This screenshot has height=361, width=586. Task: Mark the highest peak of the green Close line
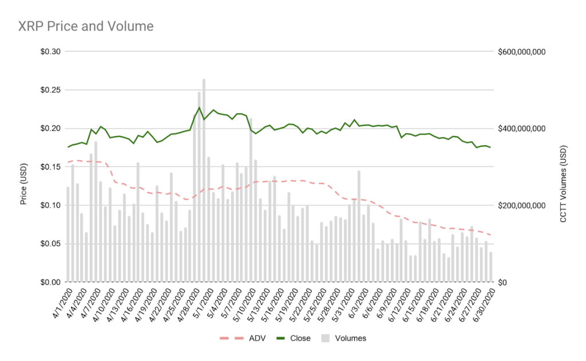tap(199, 107)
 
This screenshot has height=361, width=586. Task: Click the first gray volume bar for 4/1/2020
tap(68, 234)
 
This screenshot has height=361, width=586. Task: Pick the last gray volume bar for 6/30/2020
tap(490, 267)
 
